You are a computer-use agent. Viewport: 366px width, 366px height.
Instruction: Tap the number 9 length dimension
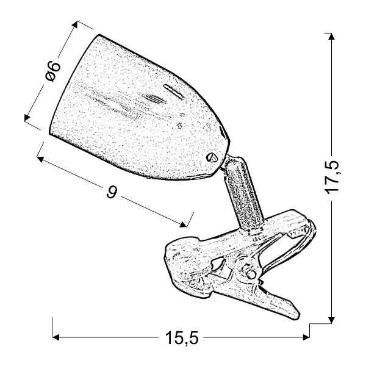pos(111,193)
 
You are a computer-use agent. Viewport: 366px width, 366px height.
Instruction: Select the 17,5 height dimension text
pos(331,177)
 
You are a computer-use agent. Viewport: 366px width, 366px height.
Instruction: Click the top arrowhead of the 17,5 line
pos(331,36)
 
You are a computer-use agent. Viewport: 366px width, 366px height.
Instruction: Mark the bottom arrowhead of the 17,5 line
pos(331,319)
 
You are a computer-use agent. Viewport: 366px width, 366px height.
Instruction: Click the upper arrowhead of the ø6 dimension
pos(76,24)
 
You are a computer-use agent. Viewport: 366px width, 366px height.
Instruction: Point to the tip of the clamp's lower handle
pos(294,315)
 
